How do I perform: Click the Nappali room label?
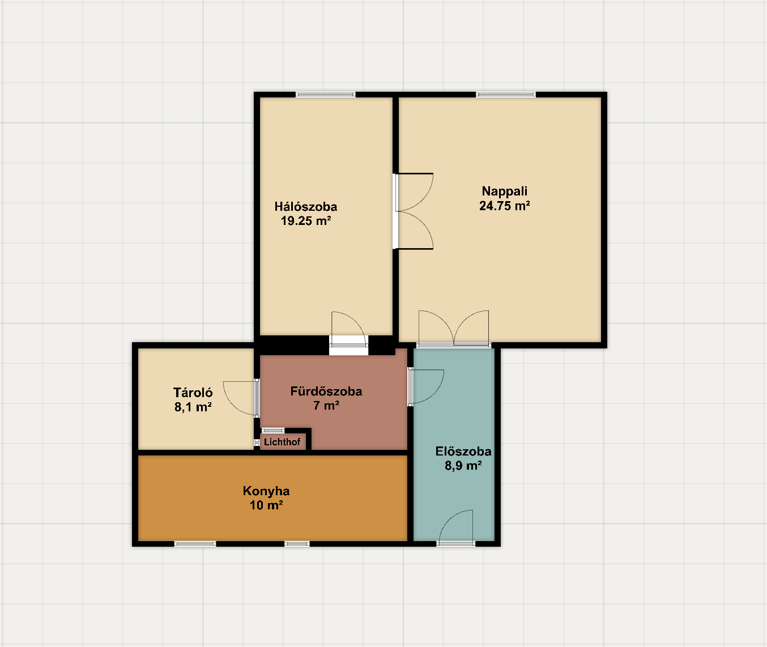pos(504,191)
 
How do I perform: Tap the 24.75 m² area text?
pos(504,206)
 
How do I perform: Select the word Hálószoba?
pos(306,206)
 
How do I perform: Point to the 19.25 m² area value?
pos(306,221)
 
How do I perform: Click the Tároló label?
pos(193,393)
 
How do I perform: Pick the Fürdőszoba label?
pos(326,391)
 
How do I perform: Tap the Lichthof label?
pos(282,441)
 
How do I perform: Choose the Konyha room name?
pos(266,491)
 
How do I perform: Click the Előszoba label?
pos(463,451)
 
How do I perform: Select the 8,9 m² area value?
pos(463,466)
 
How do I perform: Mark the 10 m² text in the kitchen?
pos(266,505)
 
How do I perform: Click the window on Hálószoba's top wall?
pos(326,95)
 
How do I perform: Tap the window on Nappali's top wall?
pos(506,95)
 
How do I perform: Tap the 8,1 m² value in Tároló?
pos(193,407)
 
